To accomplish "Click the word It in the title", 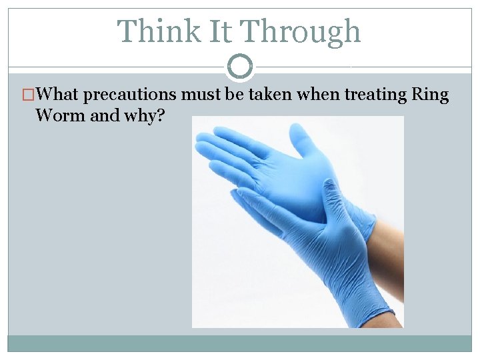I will (x=213, y=31).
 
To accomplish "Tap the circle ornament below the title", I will (x=240, y=67).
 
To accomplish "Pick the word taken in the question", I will (x=271, y=95).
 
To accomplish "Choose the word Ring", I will (x=431, y=95).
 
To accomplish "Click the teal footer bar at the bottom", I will (x=240, y=343).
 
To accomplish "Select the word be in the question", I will (x=233, y=95).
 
